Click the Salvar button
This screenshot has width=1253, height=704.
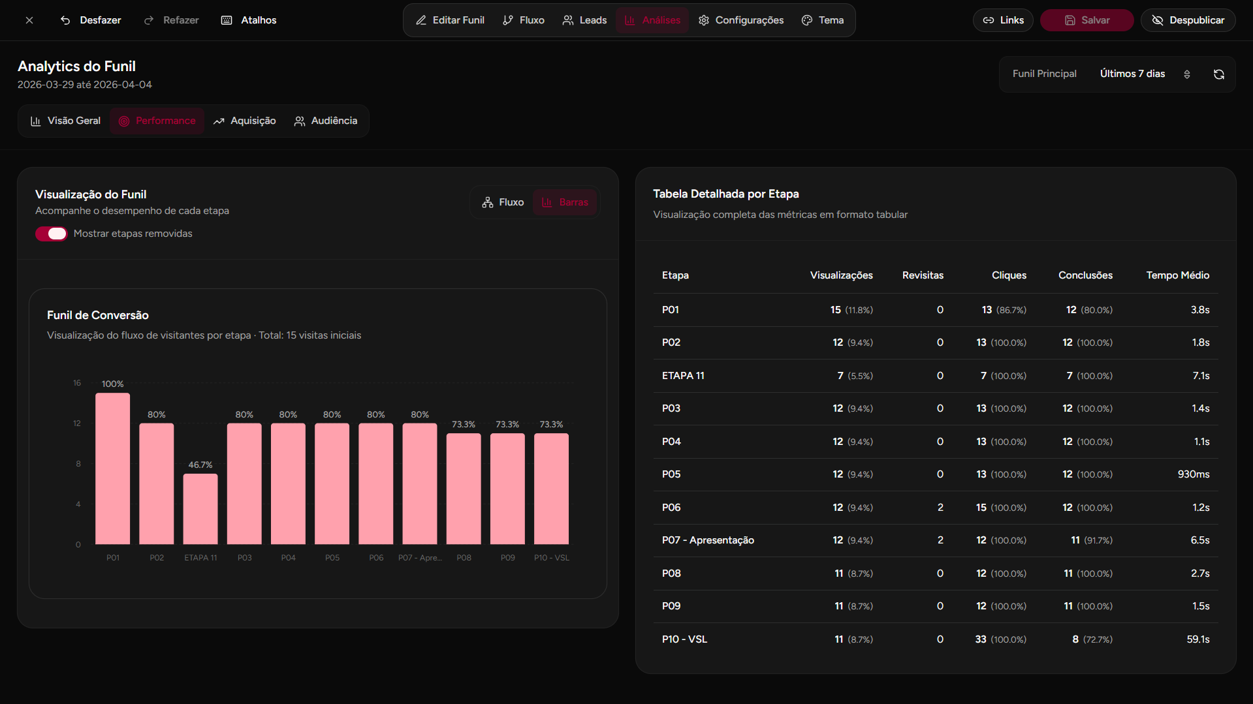pos(1086,20)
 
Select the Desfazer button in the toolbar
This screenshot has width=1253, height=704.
pos(91,20)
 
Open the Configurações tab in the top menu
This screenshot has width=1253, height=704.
pos(741,20)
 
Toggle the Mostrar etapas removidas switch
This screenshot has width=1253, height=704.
pos(51,234)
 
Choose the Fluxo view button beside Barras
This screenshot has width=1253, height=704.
pos(503,202)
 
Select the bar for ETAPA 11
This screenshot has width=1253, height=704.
pos(200,509)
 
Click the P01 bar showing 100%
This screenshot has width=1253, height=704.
pos(112,468)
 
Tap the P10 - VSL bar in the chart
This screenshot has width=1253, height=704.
pos(551,489)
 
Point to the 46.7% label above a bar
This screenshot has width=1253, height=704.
pos(200,465)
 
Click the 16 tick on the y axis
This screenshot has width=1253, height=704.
pos(77,383)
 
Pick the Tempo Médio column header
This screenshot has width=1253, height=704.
pos(1177,275)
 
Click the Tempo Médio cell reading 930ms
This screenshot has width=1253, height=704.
pos(1193,474)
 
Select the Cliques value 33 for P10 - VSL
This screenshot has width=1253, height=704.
pos(980,639)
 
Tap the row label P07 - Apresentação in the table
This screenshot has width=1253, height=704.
pos(708,540)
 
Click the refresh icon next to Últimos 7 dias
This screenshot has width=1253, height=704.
pos(1218,74)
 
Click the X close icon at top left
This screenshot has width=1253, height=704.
pos(29,20)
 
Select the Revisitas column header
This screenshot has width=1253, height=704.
pos(922,275)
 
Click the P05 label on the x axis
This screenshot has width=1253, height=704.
pos(332,558)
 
